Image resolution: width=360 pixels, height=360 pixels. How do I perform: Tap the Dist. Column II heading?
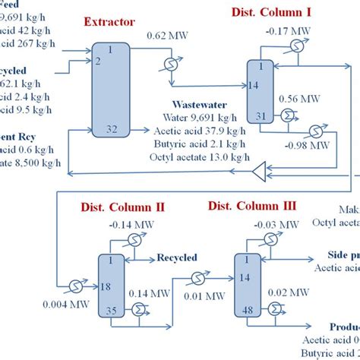click(x=123, y=207)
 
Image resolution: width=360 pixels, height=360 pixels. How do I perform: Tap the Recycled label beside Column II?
click(x=177, y=257)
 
